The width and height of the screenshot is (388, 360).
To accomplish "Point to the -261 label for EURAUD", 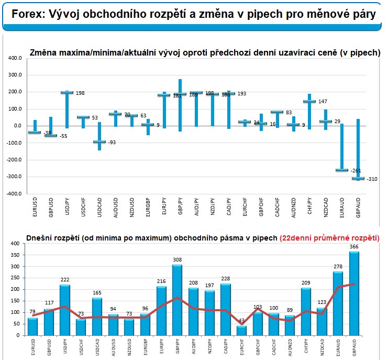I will [x=357, y=171].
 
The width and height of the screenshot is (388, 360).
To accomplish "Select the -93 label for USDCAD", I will [x=111, y=142].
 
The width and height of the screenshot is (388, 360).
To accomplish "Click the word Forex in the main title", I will [x=26, y=14].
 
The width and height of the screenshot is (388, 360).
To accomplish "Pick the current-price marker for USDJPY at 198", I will [x=67, y=93].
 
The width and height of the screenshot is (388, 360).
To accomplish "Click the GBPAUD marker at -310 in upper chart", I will [x=358, y=179].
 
